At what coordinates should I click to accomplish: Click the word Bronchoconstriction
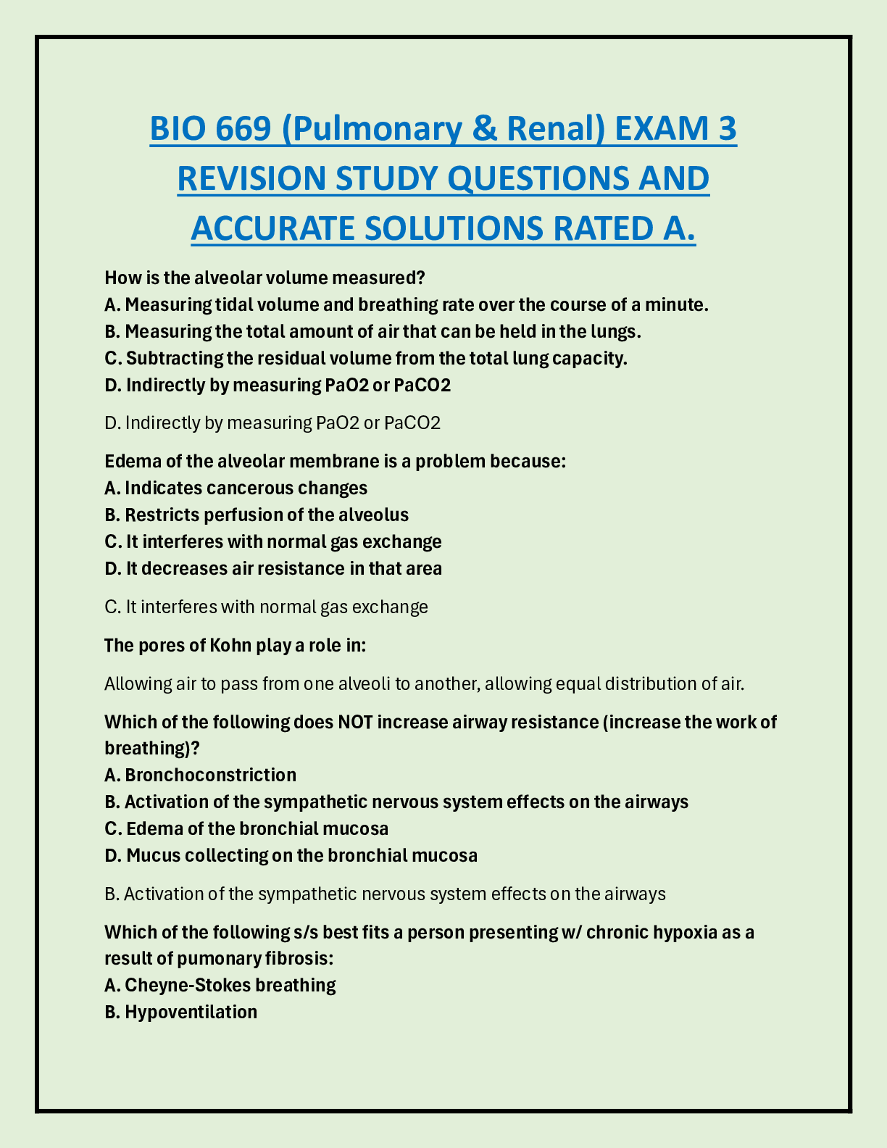coord(211,775)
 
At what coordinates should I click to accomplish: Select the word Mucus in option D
coord(153,855)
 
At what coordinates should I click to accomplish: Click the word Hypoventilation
coord(191,1012)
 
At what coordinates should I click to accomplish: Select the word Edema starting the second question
coord(128,461)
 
